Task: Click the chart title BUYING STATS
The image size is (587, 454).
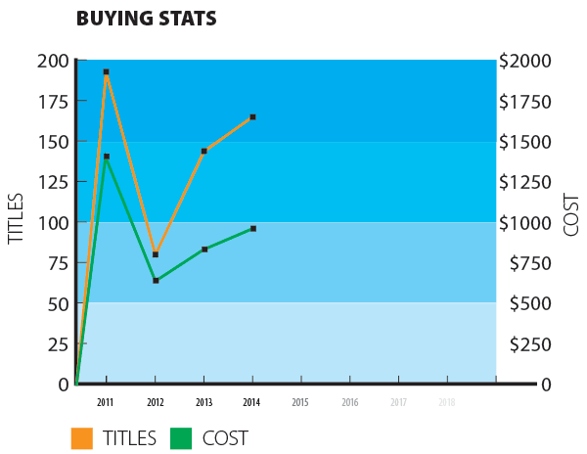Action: coord(146,19)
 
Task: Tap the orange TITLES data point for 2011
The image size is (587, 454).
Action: coord(106,71)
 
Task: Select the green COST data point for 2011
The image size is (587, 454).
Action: coord(106,157)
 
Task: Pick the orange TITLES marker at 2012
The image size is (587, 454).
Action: coord(156,254)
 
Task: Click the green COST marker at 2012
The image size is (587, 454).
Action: coord(156,281)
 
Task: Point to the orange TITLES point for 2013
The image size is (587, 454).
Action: coord(204,151)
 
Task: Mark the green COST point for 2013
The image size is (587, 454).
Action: coord(204,250)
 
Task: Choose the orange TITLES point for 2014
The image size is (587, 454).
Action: coord(253,117)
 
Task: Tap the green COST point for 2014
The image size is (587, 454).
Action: coord(253,228)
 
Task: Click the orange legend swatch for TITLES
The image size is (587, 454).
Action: coord(82,438)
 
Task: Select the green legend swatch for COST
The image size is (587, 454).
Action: coord(181,438)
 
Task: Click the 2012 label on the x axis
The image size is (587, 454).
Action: coord(156,402)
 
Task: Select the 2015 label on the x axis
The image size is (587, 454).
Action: coord(300,402)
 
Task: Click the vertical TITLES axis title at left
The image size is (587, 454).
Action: coord(16,220)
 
